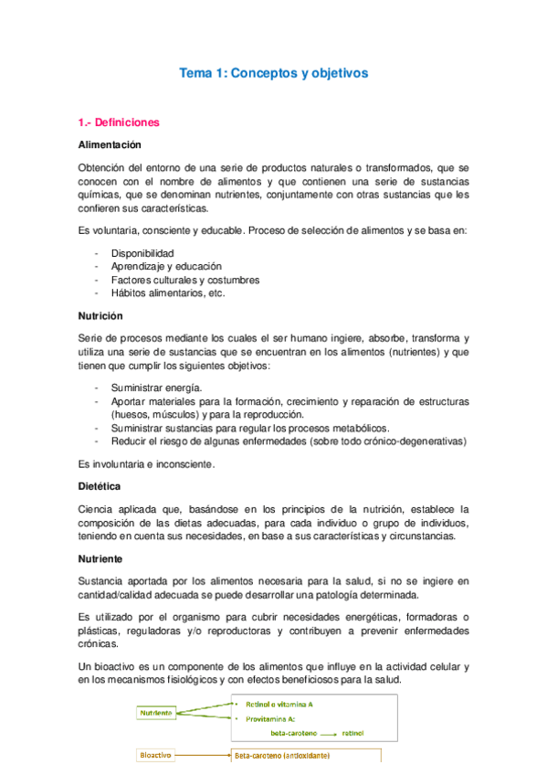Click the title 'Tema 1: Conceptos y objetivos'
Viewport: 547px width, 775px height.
(x=274, y=72)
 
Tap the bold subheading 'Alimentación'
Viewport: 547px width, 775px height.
(x=110, y=144)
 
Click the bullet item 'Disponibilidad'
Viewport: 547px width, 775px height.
(x=142, y=252)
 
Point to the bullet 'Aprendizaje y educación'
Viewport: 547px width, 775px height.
(x=166, y=266)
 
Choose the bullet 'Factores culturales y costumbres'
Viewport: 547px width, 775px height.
(x=185, y=280)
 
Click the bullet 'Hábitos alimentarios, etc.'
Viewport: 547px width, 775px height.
(x=168, y=292)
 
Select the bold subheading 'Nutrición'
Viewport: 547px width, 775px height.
(x=101, y=315)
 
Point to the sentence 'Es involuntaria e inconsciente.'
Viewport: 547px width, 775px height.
(x=147, y=463)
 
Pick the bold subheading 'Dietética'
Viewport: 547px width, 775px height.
(x=100, y=486)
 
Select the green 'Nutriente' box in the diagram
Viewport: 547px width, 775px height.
(x=156, y=712)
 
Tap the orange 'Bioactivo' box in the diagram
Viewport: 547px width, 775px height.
(x=154, y=756)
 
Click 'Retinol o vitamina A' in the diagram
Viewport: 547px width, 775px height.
(x=279, y=705)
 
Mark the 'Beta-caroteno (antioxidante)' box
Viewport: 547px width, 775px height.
(x=283, y=756)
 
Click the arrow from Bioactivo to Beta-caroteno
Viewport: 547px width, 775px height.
(x=202, y=756)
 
